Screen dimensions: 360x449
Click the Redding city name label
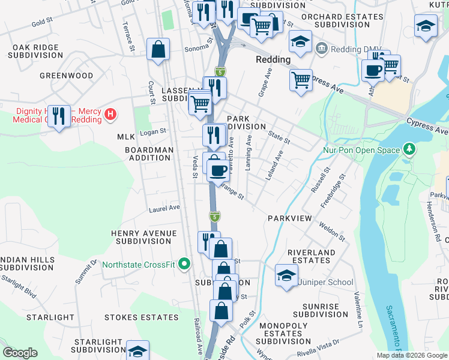click(x=273, y=60)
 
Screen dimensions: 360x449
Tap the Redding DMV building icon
click(x=321, y=47)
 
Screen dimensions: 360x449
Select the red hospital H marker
click(x=110, y=113)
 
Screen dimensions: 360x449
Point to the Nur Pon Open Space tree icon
click(x=409, y=148)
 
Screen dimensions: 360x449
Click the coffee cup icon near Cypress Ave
click(x=372, y=70)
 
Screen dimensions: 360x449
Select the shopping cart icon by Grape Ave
click(x=301, y=79)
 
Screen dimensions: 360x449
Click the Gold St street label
click(x=42, y=23)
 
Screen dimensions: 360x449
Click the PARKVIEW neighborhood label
click(x=290, y=219)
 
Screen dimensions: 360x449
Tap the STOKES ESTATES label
click(x=141, y=317)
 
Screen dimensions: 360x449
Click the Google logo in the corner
click(x=20, y=353)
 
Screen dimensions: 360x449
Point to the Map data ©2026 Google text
click(x=411, y=355)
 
